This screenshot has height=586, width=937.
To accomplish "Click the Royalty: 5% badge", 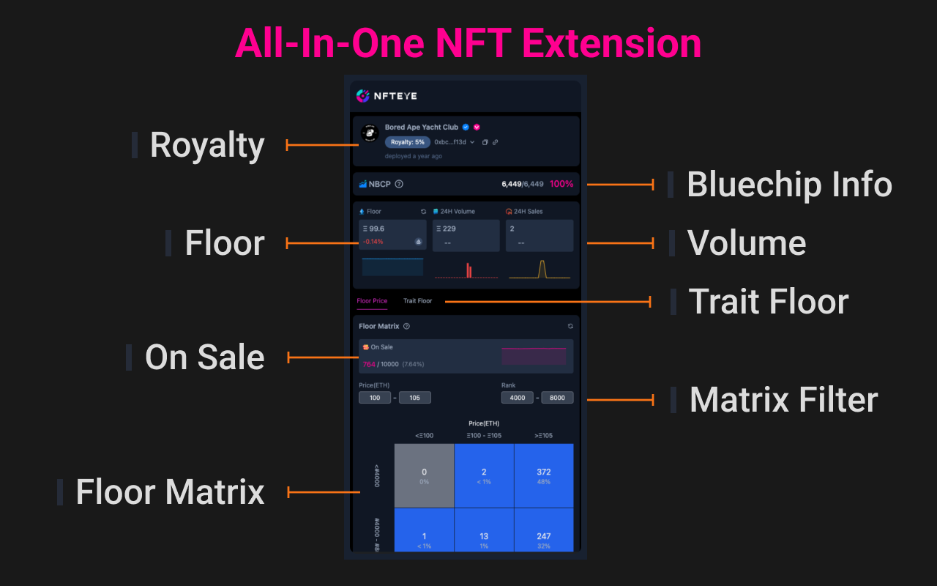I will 408,142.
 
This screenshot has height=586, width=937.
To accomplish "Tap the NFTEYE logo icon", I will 362,96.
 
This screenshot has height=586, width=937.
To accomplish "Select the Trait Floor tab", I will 417,301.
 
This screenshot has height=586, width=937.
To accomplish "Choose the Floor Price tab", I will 372,301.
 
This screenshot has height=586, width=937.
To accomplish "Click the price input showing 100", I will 375,398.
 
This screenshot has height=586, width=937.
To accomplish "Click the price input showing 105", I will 414,398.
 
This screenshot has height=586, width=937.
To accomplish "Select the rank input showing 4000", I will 517,398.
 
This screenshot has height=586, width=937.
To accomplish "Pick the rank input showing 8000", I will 557,398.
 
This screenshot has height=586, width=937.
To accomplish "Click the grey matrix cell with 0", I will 424,475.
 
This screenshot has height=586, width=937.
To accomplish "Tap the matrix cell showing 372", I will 543,475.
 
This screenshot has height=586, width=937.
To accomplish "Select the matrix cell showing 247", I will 543,539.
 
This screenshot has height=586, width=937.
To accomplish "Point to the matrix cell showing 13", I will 484,539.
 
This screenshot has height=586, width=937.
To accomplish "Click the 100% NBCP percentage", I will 561,184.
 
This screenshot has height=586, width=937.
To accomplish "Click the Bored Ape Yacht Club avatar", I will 369,133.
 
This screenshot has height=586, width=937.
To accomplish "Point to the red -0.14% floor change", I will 373,242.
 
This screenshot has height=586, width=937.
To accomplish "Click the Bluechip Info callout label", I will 789,185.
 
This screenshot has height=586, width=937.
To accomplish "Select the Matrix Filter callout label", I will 783,400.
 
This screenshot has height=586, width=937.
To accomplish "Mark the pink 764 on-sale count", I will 369,364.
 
